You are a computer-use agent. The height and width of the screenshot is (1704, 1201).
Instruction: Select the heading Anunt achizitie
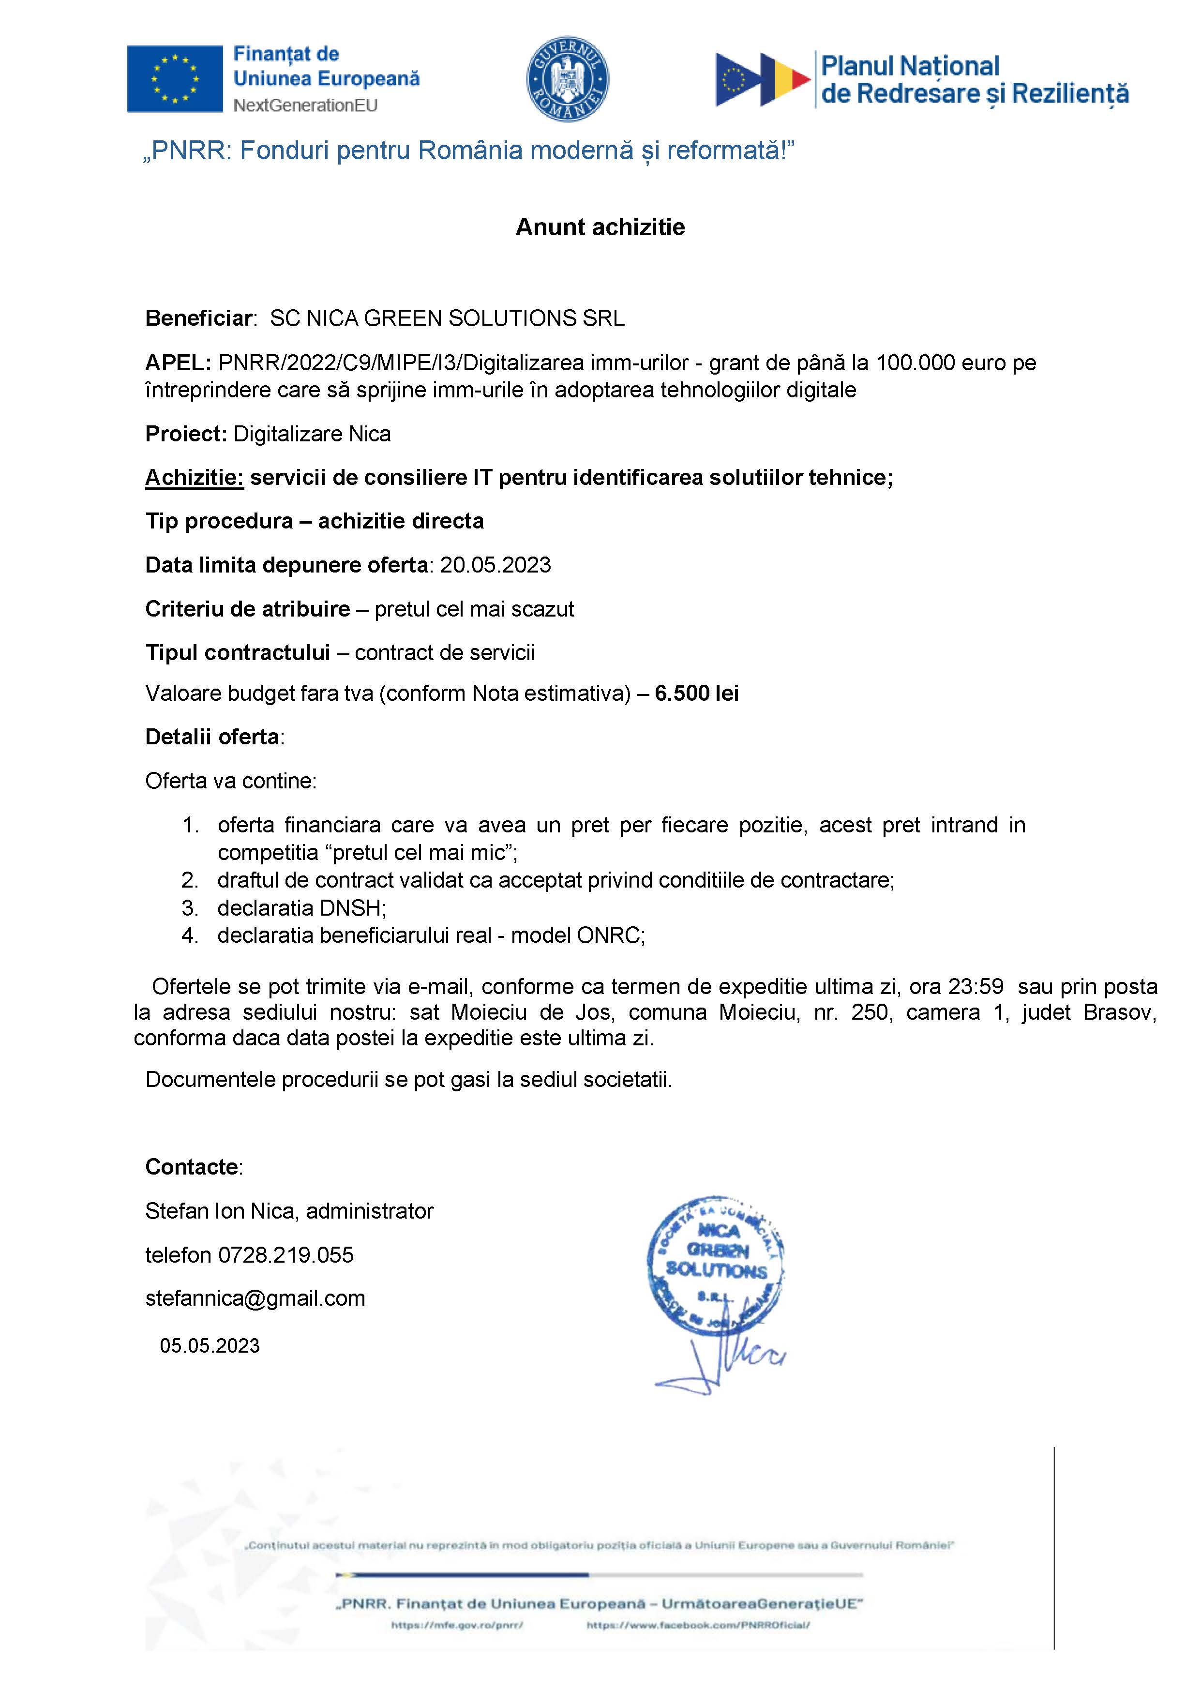tap(600, 227)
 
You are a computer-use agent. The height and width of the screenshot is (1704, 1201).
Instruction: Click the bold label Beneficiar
tap(199, 318)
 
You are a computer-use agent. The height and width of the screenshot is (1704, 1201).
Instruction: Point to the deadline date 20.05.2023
tap(495, 566)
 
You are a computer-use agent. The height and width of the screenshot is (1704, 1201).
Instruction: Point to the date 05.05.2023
tap(210, 1346)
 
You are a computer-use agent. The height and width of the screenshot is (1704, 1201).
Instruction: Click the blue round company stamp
tap(716, 1266)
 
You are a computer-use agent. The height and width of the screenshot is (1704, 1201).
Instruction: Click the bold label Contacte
tap(192, 1167)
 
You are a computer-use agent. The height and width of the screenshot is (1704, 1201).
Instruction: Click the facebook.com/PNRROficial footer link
tap(698, 1625)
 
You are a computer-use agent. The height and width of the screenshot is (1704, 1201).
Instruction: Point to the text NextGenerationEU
tap(305, 106)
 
